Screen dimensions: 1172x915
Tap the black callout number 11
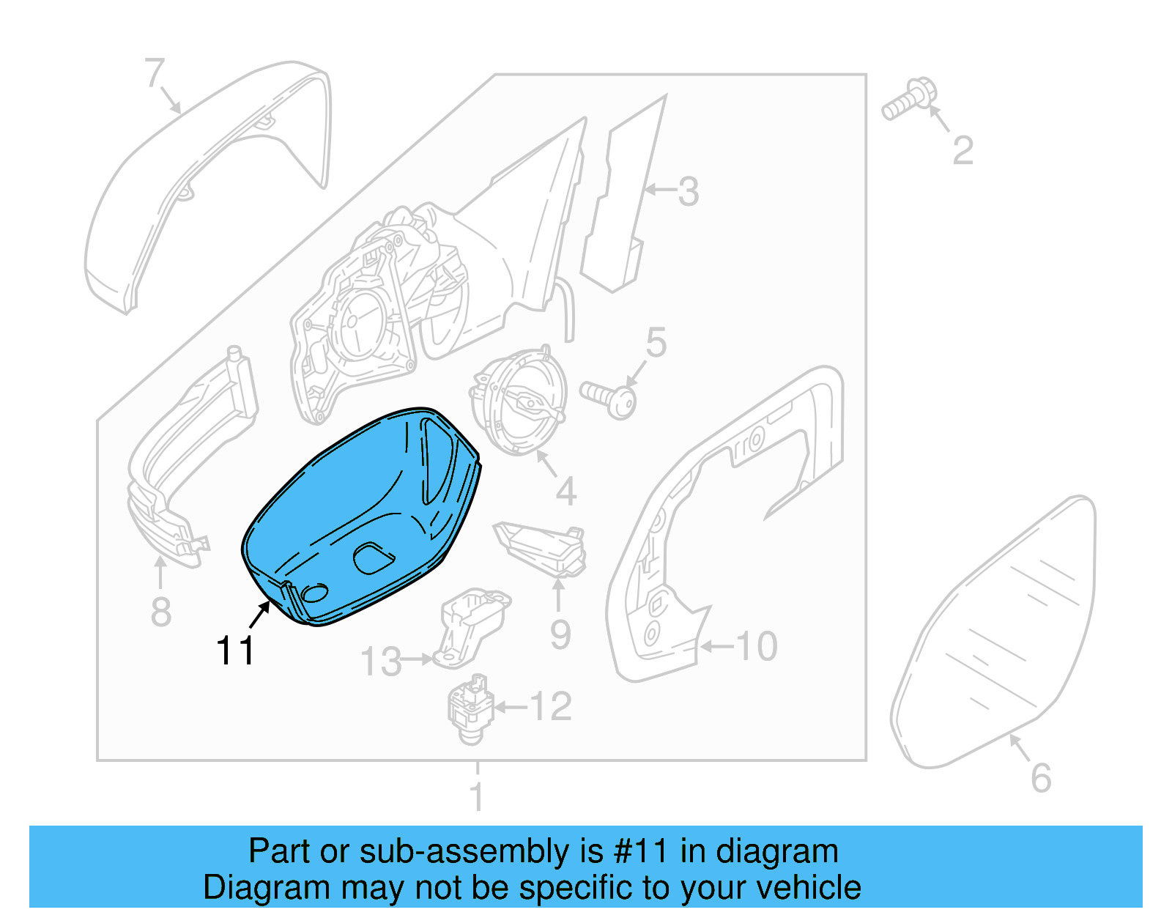pyautogui.click(x=235, y=651)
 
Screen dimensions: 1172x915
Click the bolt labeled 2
pyautogui.click(x=907, y=101)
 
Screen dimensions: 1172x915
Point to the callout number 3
pyautogui.click(x=688, y=191)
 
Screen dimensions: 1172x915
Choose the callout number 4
pyautogui.click(x=565, y=492)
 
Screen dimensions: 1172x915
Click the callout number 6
pyautogui.click(x=1041, y=778)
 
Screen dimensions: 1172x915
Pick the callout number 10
pyautogui.click(x=756, y=647)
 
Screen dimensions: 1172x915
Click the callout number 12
pyautogui.click(x=550, y=706)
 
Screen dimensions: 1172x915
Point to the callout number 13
pyautogui.click(x=381, y=662)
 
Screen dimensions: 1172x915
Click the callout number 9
pyautogui.click(x=560, y=635)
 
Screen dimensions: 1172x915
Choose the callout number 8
pyautogui.click(x=160, y=612)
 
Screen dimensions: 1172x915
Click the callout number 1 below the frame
pyautogui.click(x=477, y=796)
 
